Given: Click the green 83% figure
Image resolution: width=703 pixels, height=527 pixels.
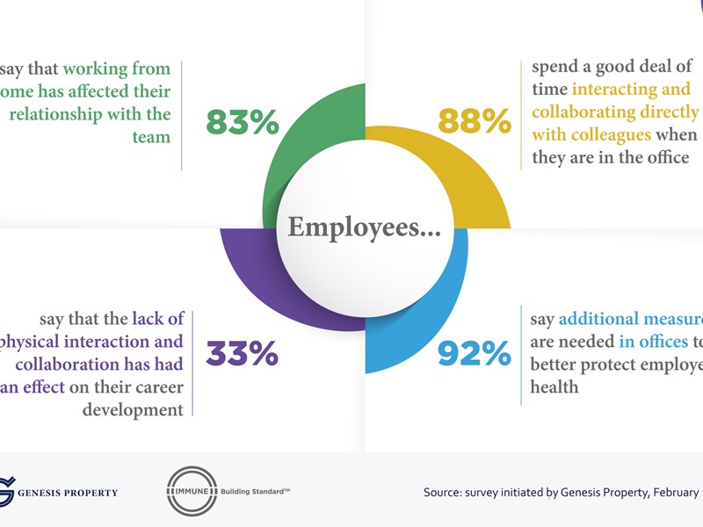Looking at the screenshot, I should (x=242, y=123).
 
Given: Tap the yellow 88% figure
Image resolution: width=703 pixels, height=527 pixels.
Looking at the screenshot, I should (x=475, y=123).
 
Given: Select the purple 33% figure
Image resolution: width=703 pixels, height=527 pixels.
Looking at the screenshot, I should (x=242, y=354).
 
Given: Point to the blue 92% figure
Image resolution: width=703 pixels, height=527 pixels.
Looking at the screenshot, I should (x=475, y=354).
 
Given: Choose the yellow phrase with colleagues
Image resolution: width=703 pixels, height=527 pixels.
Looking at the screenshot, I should (x=591, y=135).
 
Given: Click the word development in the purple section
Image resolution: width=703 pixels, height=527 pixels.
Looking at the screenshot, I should (x=133, y=409).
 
